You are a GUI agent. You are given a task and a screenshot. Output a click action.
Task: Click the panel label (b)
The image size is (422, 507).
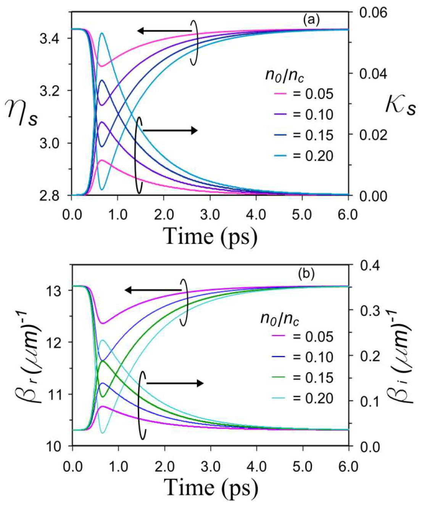click(306, 274)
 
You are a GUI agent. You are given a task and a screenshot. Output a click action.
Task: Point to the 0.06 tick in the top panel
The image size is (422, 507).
click(373, 13)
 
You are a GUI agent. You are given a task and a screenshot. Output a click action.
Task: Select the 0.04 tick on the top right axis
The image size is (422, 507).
click(373, 73)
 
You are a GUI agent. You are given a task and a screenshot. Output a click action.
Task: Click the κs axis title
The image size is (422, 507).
click(400, 105)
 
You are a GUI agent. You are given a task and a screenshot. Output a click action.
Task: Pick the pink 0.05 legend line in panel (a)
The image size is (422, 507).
click(280, 94)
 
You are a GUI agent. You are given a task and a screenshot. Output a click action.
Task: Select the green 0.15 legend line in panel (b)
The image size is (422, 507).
click(280, 378)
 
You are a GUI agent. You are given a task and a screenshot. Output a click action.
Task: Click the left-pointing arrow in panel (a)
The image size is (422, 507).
click(164, 31)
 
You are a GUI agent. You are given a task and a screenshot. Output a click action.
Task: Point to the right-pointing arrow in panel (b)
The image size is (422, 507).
click(175, 383)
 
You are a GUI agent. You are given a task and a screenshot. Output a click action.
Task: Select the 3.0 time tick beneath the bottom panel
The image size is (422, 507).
click(210, 466)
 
